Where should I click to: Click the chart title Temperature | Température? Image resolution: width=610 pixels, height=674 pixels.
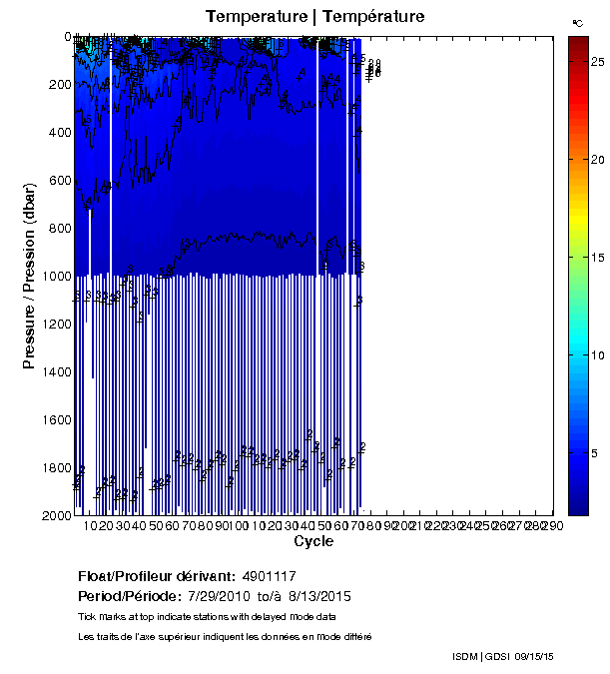pyautogui.click(x=315, y=16)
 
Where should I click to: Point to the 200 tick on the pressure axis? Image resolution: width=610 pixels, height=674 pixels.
pyautogui.click(x=58, y=85)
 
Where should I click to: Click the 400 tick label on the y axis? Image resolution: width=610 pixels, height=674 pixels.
pyautogui.click(x=58, y=133)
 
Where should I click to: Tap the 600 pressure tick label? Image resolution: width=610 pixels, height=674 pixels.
pyautogui.click(x=58, y=181)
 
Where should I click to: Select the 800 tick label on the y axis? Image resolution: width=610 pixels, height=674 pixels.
pyautogui.click(x=58, y=229)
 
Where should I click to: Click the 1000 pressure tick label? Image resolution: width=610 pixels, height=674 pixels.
pyautogui.click(x=55, y=277)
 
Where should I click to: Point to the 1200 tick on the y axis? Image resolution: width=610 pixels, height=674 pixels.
pyautogui.click(x=55, y=325)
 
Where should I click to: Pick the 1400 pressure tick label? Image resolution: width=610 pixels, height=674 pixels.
pyautogui.click(x=55, y=371)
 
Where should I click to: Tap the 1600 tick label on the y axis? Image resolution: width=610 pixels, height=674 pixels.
pyautogui.click(x=55, y=419)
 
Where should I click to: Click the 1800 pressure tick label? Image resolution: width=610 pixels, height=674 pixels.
pyautogui.click(x=55, y=467)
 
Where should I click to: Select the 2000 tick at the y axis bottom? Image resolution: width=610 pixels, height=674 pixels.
pyautogui.click(x=55, y=515)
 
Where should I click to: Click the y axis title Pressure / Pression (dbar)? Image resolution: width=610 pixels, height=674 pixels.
pyautogui.click(x=29, y=276)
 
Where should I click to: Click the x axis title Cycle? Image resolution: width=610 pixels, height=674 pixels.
pyautogui.click(x=307, y=542)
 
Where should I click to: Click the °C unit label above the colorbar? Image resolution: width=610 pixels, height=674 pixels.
pyautogui.click(x=578, y=21)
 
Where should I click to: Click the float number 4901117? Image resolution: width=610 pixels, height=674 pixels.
pyautogui.click(x=270, y=577)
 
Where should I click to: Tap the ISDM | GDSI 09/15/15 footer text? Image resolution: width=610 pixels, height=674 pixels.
pyautogui.click(x=502, y=656)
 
